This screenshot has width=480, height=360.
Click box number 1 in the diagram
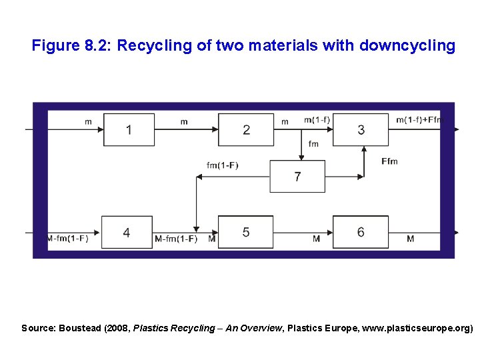(x=129, y=129)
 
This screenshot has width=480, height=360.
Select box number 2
(x=246, y=129)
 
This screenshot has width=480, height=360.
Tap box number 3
(x=361, y=129)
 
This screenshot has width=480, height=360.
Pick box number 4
(x=127, y=232)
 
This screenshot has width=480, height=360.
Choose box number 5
(x=246, y=232)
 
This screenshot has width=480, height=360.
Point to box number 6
(x=361, y=232)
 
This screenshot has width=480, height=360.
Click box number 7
(x=297, y=177)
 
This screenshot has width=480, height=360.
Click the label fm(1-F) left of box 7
(x=223, y=165)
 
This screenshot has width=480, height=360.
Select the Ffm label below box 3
(x=389, y=161)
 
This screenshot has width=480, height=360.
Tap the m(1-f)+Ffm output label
(x=419, y=120)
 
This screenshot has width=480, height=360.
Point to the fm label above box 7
(x=313, y=144)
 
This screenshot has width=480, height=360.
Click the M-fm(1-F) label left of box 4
(x=67, y=239)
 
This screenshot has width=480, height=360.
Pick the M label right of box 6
(x=410, y=239)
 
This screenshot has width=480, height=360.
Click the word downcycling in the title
(x=407, y=46)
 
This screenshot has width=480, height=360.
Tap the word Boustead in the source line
(x=80, y=328)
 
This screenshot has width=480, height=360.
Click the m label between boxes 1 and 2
(x=184, y=122)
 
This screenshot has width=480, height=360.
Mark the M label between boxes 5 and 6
(x=316, y=239)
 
